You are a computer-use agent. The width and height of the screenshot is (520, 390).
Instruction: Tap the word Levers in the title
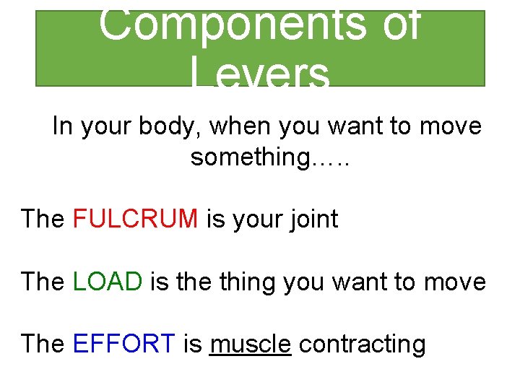[261, 71]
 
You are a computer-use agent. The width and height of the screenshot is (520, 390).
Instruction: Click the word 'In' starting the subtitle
[63, 126]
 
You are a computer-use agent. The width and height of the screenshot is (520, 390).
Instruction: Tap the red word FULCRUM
[136, 219]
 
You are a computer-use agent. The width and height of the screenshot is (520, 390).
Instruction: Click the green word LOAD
[108, 281]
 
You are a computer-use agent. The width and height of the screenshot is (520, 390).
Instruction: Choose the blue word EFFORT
[124, 344]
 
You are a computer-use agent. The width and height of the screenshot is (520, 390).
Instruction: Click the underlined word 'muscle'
[250, 344]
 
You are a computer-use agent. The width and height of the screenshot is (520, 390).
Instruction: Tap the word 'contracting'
[362, 344]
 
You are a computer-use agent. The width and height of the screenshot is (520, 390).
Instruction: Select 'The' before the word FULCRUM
[43, 219]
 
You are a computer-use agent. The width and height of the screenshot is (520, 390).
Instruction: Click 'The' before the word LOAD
[43, 281]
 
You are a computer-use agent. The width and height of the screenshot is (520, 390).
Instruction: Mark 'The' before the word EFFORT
[43, 344]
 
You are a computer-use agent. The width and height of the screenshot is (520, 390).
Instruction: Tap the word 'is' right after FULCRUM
[216, 219]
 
